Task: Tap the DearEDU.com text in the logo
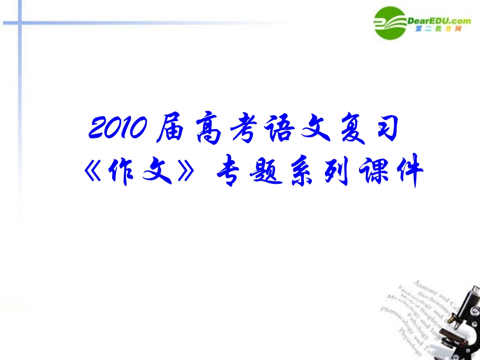[438, 21]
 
